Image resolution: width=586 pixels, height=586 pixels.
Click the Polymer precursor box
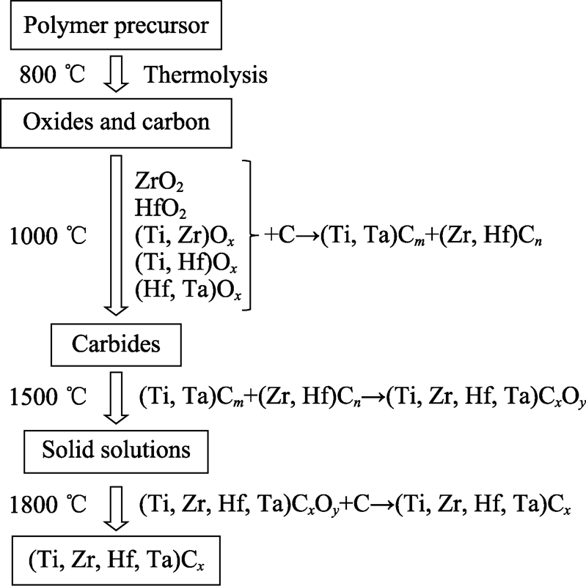tap(116, 25)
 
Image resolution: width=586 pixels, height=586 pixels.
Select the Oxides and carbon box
tap(116, 123)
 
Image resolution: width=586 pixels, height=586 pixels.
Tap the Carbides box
tap(116, 344)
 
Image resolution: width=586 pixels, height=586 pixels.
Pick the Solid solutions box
tap(116, 451)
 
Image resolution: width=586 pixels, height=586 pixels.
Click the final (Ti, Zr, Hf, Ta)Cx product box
tap(116, 560)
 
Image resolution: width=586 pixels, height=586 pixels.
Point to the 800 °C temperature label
tap(52, 74)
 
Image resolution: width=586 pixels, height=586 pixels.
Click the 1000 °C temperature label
tap(48, 236)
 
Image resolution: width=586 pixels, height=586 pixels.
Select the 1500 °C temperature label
tap(48, 396)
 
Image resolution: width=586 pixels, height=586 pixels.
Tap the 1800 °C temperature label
tap(48, 504)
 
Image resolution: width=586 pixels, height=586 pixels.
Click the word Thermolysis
tap(205, 75)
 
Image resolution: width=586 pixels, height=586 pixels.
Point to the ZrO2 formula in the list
tap(159, 182)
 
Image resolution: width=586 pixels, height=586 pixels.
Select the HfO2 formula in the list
tap(160, 208)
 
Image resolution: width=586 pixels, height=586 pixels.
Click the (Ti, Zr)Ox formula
tap(185, 237)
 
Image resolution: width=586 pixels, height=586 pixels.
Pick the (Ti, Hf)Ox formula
tap(186, 263)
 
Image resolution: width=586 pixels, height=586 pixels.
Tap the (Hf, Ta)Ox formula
tap(188, 290)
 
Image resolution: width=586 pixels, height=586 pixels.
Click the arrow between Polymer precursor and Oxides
tap(116, 74)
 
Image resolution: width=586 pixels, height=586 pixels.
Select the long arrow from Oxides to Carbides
tap(116, 235)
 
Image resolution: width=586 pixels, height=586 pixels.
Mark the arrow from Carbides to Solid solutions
tap(117, 398)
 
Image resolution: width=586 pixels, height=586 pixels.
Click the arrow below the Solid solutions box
tap(117, 508)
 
